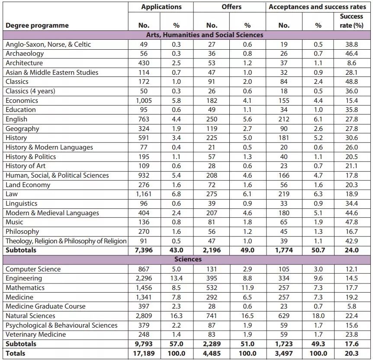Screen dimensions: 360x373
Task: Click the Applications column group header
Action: [161, 7]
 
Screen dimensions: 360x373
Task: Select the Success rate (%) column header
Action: [351, 21]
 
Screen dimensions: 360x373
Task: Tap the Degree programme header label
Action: [37, 25]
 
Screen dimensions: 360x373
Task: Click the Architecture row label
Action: [24, 63]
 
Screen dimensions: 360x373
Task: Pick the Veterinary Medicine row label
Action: [36, 335]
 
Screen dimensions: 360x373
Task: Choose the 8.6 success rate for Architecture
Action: [351, 63]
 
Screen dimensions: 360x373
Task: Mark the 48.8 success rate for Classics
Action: [351, 82]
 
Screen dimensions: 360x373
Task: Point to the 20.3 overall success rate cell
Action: [351, 354]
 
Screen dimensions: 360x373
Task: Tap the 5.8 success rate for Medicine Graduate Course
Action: [351, 306]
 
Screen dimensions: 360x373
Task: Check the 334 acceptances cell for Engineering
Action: [284, 278]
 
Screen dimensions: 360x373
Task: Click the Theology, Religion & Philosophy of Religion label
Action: [66, 241]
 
